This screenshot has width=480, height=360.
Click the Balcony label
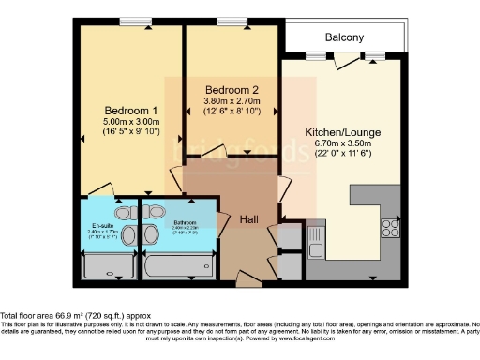click(x=344, y=37)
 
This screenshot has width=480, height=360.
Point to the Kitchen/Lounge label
click(x=343, y=133)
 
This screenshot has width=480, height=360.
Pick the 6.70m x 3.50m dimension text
click(x=343, y=145)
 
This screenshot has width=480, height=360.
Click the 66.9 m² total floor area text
click(x=75, y=317)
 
